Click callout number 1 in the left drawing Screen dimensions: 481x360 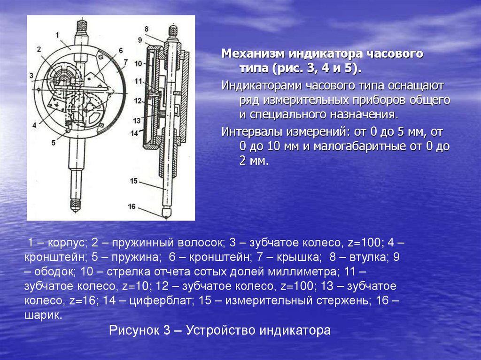[57, 35]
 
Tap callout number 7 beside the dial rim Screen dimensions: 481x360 [125, 62]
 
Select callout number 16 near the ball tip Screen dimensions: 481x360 [132, 207]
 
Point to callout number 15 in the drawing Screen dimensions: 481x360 [134, 181]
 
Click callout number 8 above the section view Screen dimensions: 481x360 [147, 29]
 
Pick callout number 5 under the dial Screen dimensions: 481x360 [54, 143]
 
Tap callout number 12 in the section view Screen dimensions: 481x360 [138, 101]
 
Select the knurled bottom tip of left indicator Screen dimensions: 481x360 [75, 205]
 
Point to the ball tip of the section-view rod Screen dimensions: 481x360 [166, 216]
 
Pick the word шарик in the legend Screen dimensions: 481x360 [42, 315]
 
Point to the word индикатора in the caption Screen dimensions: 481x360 [295, 330]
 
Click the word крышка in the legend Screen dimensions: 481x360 [299, 257]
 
